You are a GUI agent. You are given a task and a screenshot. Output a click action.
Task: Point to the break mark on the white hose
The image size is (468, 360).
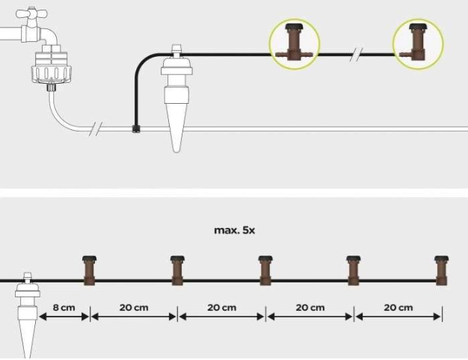(x=94, y=129)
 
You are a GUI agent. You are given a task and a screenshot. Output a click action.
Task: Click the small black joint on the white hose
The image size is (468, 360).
(x=135, y=128)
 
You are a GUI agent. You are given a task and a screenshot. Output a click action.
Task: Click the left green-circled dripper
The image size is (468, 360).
(x=294, y=44)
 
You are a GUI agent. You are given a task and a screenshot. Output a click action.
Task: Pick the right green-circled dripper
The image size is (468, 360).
(x=417, y=44)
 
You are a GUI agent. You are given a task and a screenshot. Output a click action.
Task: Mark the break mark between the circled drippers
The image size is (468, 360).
(x=360, y=54)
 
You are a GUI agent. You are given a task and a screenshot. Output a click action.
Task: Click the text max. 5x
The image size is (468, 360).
(x=234, y=230)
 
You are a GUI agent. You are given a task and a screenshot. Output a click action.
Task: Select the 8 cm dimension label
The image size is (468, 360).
(x=65, y=308)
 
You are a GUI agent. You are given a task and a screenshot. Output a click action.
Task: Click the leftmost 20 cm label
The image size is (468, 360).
(x=134, y=308)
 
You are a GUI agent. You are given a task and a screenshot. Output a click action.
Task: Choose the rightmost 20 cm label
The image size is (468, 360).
(x=398, y=308)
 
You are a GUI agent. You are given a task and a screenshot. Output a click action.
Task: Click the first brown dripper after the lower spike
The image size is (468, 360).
(x=90, y=270)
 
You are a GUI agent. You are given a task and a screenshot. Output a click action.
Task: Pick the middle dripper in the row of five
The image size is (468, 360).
(x=265, y=270)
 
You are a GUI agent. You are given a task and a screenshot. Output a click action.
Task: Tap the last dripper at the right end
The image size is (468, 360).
(x=441, y=270)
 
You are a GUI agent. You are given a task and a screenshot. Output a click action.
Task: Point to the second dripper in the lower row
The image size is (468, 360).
(x=177, y=270)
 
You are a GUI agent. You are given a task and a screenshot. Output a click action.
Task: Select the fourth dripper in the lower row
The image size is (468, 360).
(x=353, y=270)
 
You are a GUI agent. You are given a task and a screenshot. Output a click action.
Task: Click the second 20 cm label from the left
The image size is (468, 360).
(x=221, y=308)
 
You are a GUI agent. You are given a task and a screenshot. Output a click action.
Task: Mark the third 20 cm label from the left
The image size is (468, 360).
(x=310, y=308)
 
